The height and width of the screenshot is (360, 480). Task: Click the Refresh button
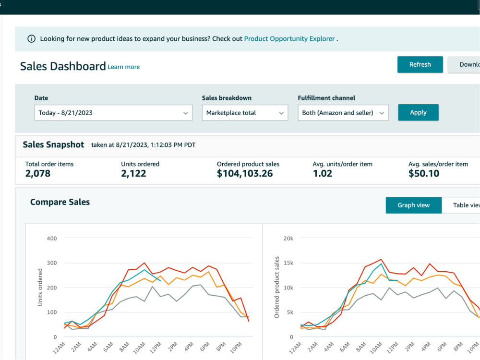(x=420, y=65)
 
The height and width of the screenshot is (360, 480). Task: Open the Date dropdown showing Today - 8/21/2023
(x=113, y=113)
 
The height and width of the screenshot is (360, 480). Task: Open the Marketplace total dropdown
(x=245, y=113)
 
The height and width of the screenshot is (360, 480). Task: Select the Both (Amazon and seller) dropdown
(x=343, y=113)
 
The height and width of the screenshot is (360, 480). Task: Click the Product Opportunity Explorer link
(x=289, y=39)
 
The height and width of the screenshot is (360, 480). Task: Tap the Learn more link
(x=124, y=67)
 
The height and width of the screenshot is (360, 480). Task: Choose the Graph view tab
(x=414, y=205)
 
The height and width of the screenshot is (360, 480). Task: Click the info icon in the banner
(x=32, y=39)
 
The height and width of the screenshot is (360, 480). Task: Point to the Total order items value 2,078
(x=38, y=174)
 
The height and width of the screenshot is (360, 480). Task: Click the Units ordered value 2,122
(x=133, y=174)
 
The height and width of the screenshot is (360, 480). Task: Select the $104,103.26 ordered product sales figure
(x=245, y=174)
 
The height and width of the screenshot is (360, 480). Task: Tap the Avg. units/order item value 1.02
(x=323, y=174)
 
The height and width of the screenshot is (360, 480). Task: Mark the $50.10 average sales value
(x=424, y=174)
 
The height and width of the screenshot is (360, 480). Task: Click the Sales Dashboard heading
(x=63, y=66)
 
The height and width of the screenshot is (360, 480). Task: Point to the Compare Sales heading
(x=60, y=202)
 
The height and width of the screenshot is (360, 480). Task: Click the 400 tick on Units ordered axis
(x=52, y=239)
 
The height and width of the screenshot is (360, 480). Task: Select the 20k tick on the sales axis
(x=288, y=239)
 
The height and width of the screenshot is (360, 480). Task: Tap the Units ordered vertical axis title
(x=40, y=287)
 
